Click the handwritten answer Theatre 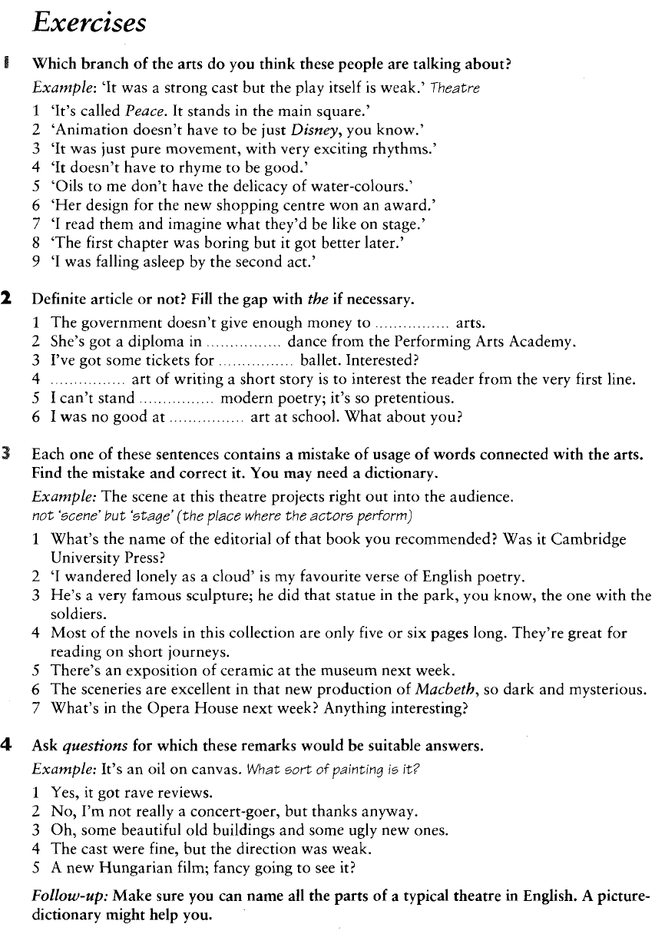pos(457,88)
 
